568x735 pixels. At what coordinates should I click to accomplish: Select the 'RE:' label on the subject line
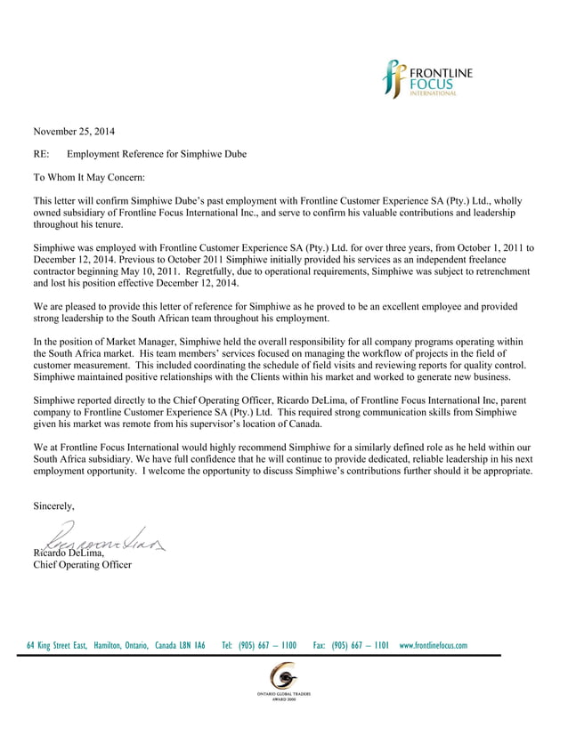41,154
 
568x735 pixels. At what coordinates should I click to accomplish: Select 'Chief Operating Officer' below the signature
82,565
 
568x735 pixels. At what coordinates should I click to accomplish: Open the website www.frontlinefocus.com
434,645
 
